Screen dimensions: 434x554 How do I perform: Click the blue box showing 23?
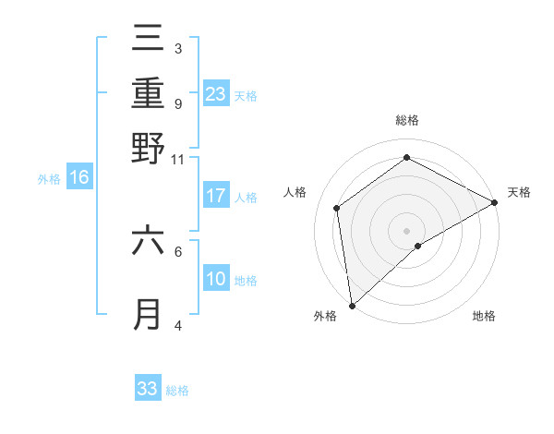click(x=216, y=93)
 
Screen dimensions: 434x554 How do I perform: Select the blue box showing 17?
click(x=216, y=196)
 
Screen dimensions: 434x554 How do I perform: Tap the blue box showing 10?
click(x=216, y=280)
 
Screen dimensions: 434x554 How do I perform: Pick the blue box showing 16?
click(x=79, y=178)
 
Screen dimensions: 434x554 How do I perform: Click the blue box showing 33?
click(x=148, y=389)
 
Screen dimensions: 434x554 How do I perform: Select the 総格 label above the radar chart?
click(x=406, y=120)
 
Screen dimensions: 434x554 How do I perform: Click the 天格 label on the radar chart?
click(x=519, y=192)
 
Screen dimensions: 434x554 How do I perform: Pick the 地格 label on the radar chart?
click(x=484, y=317)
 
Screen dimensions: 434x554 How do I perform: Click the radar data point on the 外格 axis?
click(x=352, y=305)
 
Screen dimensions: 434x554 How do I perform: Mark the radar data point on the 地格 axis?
click(x=418, y=246)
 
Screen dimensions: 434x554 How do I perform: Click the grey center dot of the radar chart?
click(x=406, y=230)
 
